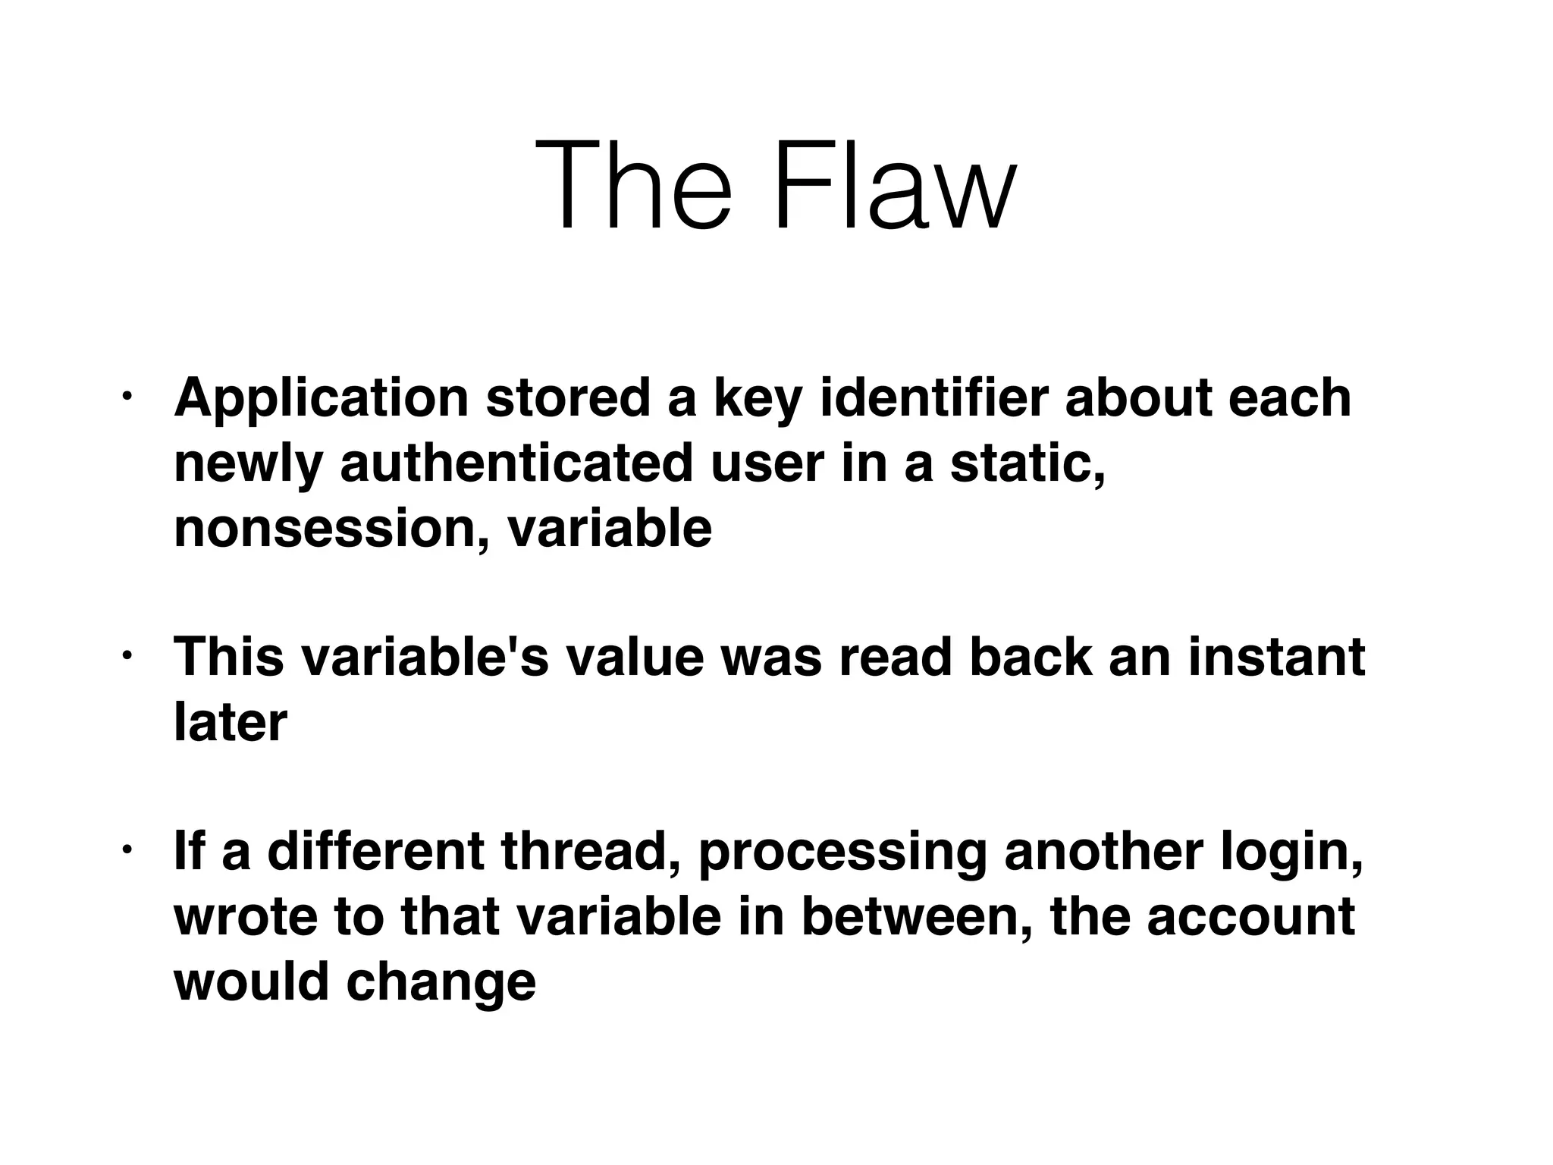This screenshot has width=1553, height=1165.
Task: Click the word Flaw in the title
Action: point(893,187)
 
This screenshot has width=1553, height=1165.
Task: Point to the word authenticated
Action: point(516,463)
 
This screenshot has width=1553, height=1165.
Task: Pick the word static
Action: point(1027,463)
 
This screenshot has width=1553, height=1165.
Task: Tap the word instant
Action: point(1277,657)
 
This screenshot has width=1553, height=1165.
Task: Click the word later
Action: point(231,722)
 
